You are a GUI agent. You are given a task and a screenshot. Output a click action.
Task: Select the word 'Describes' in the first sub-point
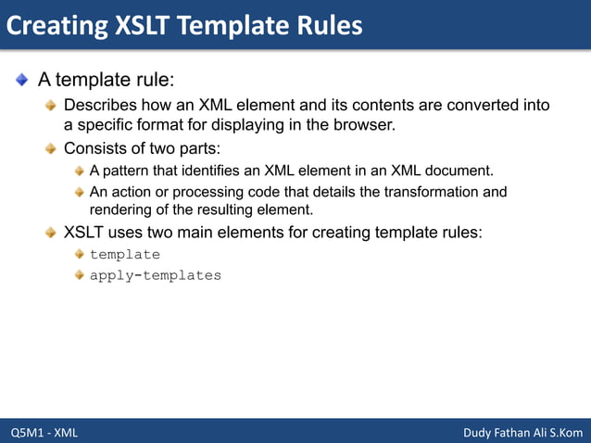(x=99, y=105)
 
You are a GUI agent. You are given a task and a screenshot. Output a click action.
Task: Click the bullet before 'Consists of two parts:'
(x=53, y=149)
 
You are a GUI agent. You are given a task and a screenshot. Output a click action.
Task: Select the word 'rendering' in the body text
(x=121, y=209)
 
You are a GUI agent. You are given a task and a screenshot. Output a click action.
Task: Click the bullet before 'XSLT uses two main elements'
(x=53, y=232)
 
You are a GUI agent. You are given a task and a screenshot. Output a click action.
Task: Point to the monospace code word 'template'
(x=124, y=254)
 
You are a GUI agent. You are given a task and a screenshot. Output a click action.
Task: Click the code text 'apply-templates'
(x=155, y=275)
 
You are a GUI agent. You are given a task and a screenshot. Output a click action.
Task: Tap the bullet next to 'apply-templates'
(x=80, y=275)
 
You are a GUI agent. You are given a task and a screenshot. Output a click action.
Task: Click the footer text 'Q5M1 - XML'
(x=44, y=432)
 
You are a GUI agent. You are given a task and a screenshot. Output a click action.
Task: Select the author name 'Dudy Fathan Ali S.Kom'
(x=522, y=432)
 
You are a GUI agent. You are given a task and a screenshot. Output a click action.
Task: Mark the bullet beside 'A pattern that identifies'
(x=80, y=171)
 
